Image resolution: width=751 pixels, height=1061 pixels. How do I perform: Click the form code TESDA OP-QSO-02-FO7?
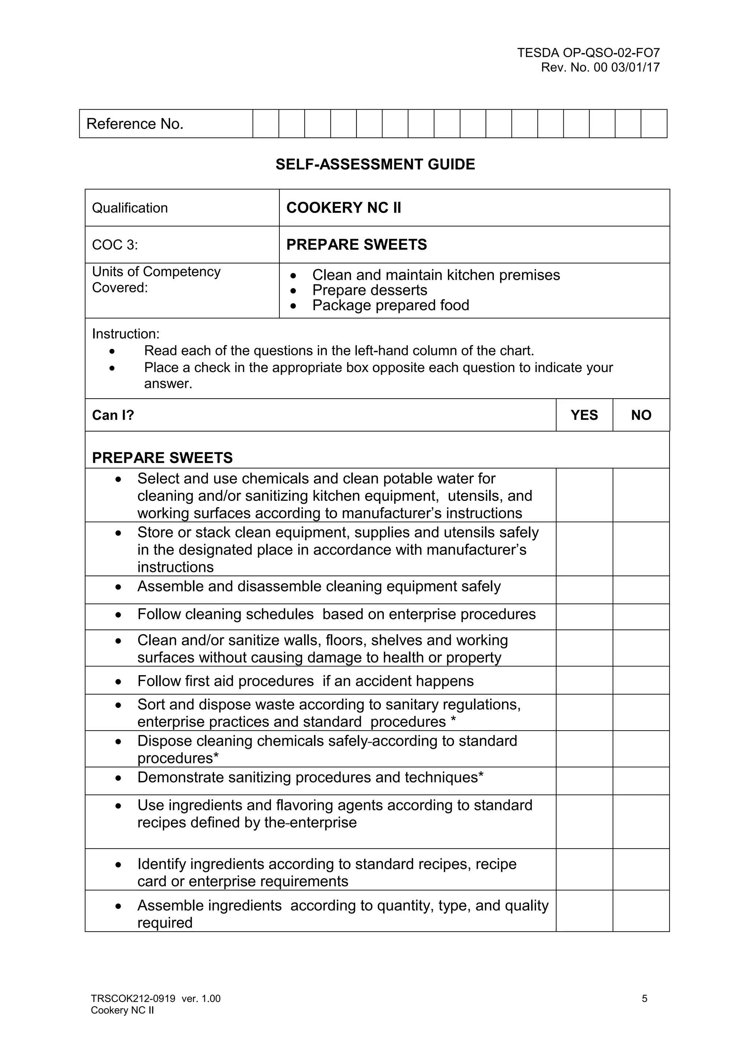(x=588, y=53)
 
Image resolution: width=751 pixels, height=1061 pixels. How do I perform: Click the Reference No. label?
(x=135, y=124)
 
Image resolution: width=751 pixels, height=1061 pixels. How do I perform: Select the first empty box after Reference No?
(x=265, y=124)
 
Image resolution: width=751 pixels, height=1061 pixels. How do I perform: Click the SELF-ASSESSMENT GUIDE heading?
(x=375, y=164)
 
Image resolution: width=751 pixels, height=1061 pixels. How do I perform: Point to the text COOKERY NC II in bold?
(x=344, y=208)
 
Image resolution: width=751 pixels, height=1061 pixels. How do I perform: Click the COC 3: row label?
(x=115, y=245)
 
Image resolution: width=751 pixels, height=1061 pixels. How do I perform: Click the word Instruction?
(x=125, y=334)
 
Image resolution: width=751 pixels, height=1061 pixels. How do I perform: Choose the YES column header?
(x=584, y=415)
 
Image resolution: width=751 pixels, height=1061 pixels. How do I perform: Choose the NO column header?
(x=641, y=415)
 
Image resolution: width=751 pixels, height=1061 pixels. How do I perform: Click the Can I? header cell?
(x=113, y=415)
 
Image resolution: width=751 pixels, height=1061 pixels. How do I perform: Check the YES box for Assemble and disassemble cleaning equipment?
(x=584, y=589)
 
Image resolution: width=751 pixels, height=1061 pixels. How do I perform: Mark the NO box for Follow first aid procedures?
(x=641, y=680)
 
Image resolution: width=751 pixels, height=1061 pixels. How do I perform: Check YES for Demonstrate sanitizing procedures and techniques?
(x=584, y=781)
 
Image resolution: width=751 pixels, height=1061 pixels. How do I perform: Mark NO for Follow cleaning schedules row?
(x=641, y=617)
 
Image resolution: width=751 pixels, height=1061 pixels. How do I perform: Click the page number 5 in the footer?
(x=644, y=999)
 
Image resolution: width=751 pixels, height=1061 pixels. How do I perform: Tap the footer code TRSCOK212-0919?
(x=133, y=999)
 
